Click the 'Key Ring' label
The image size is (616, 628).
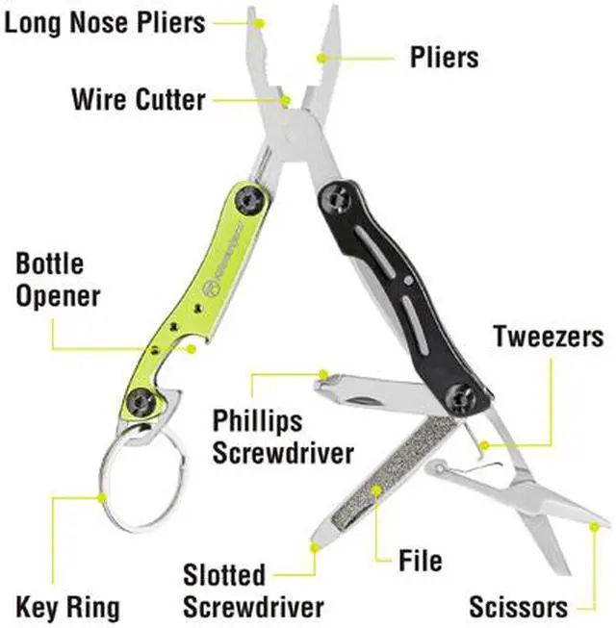(x=68, y=607)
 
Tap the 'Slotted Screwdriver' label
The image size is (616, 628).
(x=253, y=590)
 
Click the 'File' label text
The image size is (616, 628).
(x=420, y=560)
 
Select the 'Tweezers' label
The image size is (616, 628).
(x=549, y=337)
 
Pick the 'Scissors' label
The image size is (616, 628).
(x=518, y=607)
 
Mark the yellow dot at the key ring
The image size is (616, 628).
(x=101, y=496)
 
